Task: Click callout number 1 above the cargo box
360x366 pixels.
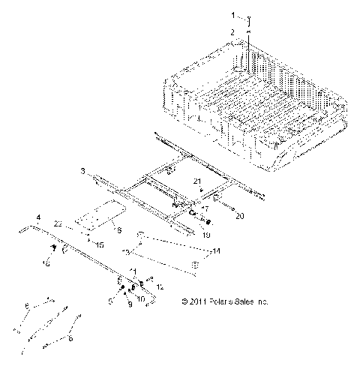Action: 232,14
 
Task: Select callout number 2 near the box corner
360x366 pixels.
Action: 232,31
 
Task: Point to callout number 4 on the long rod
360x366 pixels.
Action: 37,217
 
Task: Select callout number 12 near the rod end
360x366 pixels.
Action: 159,286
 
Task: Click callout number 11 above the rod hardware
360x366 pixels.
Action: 133,269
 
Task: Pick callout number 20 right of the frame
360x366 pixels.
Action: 240,216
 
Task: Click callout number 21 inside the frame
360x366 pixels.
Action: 197,181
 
